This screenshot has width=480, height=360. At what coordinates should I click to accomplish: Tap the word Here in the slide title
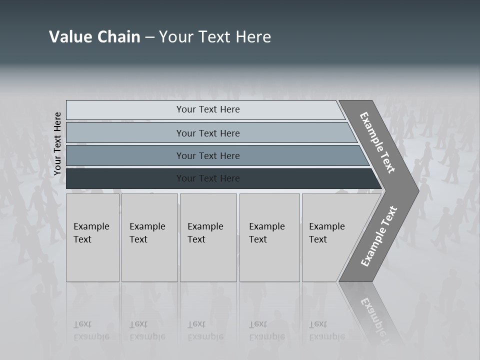pos(253,37)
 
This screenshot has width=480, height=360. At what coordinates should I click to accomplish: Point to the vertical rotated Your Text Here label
pos(57,144)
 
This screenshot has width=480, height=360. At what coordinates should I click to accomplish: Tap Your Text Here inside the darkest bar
pos(208,178)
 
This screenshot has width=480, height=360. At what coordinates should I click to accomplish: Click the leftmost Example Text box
pos(92,237)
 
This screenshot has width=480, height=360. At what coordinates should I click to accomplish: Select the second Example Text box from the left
pos(149,237)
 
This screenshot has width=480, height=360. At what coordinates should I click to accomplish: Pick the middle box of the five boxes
pos(208,237)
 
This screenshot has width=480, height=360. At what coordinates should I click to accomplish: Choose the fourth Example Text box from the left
pos(269,237)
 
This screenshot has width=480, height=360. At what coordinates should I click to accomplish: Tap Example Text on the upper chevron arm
pos(377,142)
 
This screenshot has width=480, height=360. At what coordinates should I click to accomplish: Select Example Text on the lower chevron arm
pos(379,236)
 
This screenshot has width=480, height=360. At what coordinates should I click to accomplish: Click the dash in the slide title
pos(149,37)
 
